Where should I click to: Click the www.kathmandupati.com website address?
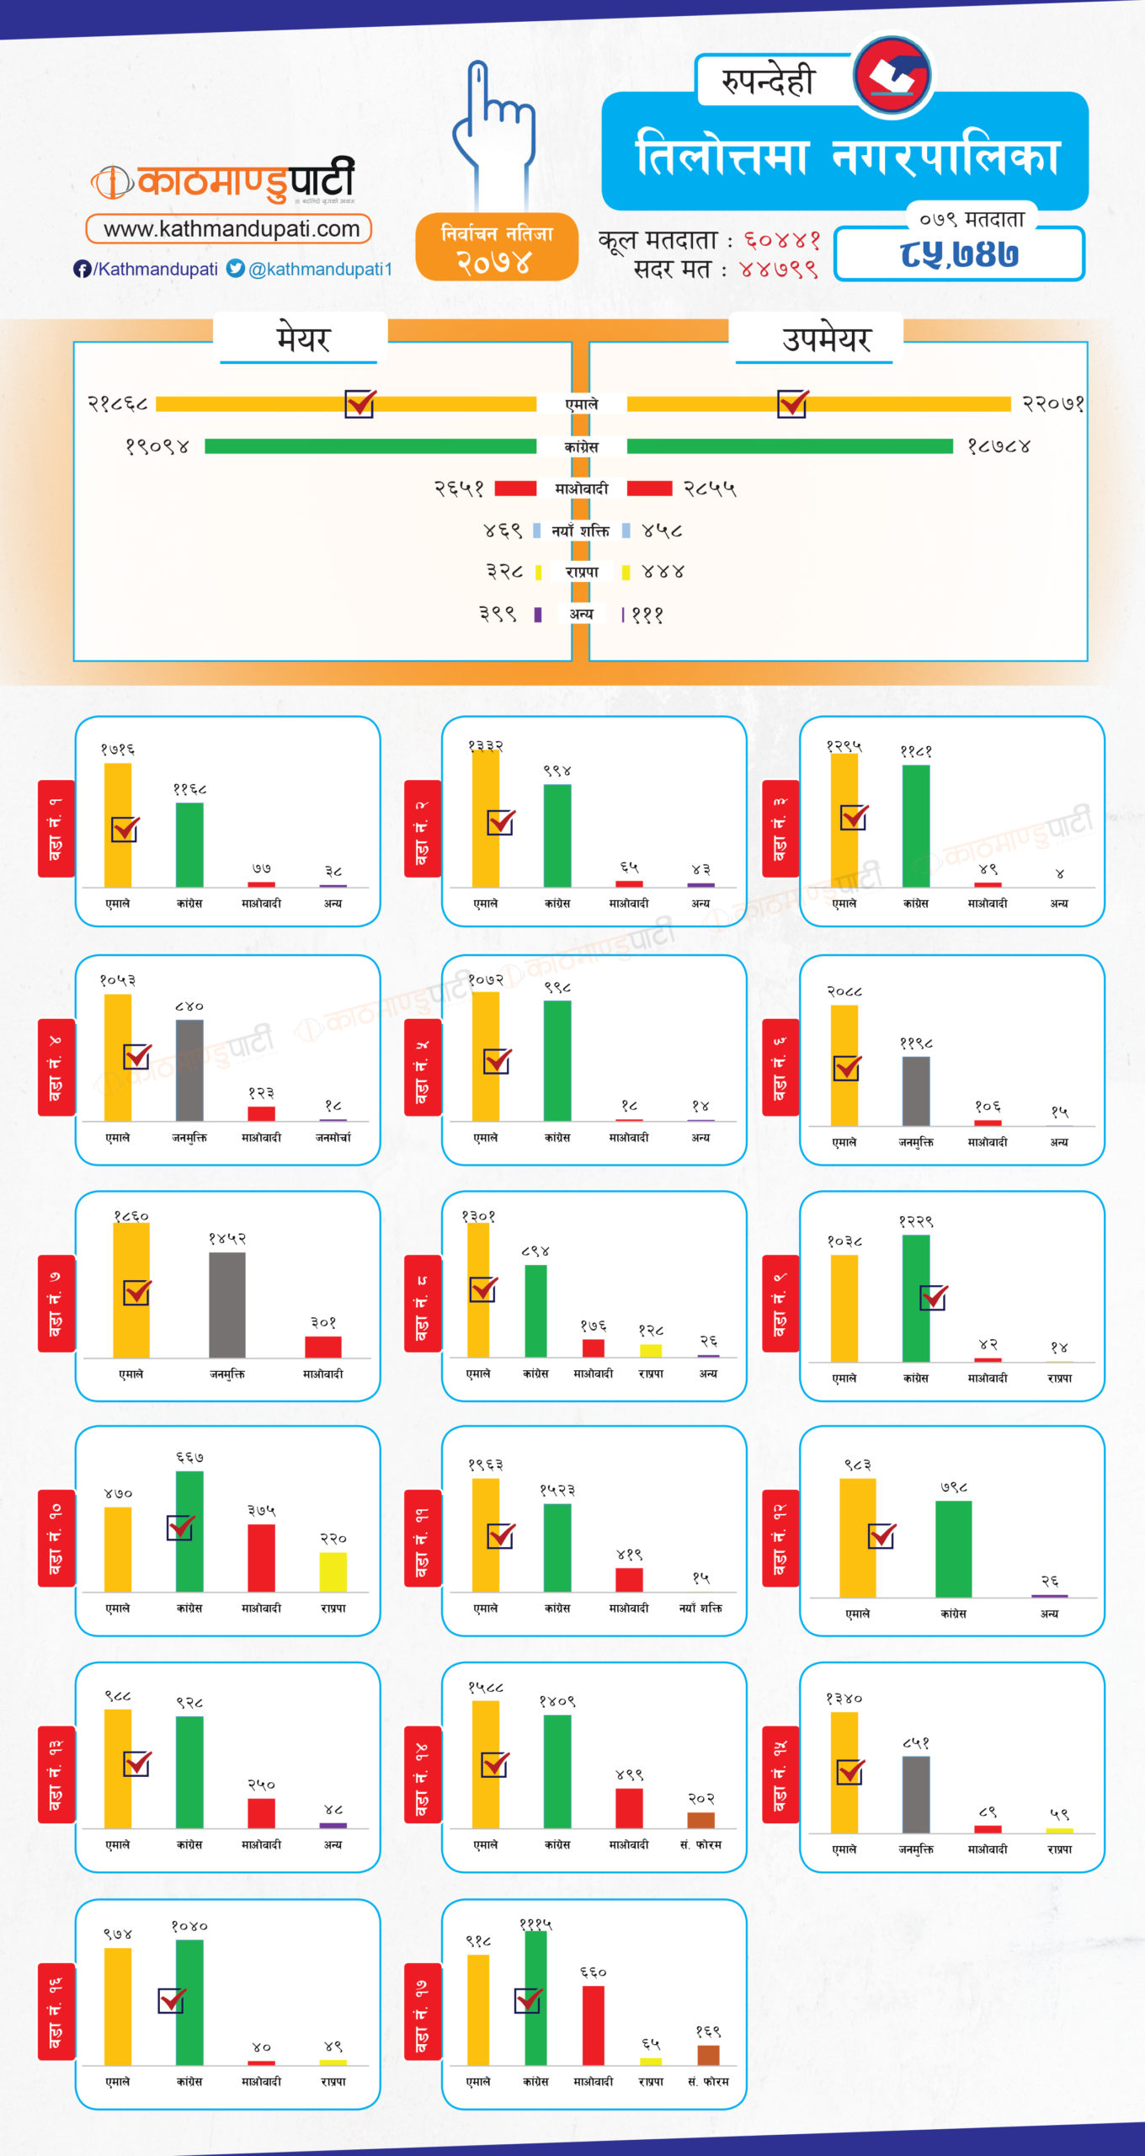tap(229, 229)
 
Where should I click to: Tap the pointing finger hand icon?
tap(494, 126)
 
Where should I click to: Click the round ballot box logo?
tap(892, 75)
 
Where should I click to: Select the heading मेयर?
tap(303, 339)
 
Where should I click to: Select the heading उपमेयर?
tap(826, 339)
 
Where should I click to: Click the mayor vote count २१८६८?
tap(118, 404)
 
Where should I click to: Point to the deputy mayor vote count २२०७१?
tap(1052, 404)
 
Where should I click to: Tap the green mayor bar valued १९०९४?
tap(370, 446)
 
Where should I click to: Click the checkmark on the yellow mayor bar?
tap(360, 403)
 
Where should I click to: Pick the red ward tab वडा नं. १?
tap(56, 828)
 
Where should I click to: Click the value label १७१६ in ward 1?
tap(118, 750)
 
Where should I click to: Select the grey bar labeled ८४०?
tap(189, 1070)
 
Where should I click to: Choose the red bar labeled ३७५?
tap(261, 1558)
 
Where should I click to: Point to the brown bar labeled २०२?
tap(700, 1819)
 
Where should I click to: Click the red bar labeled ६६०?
tap(594, 2025)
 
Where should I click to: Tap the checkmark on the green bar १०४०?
tap(172, 2000)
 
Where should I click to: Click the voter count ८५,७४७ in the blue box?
tap(959, 254)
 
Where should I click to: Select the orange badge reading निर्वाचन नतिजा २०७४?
tap(497, 247)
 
